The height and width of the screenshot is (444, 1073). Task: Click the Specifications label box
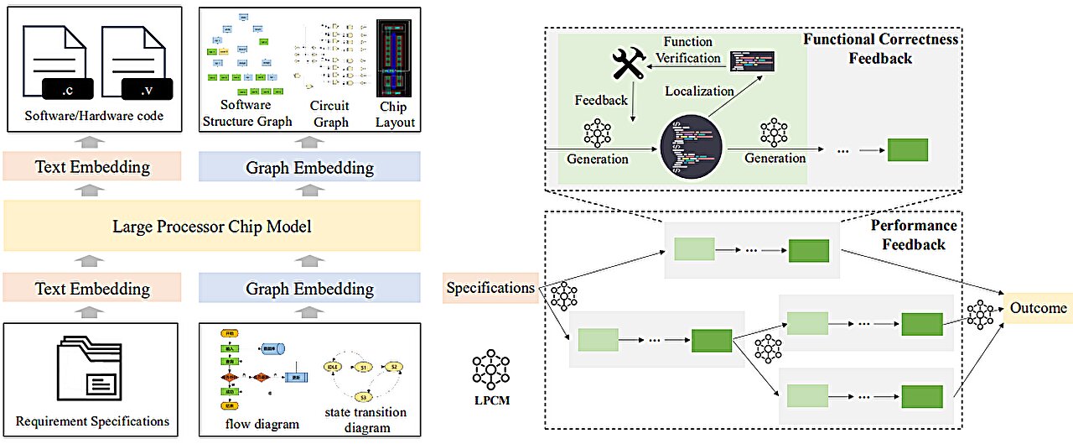click(x=490, y=288)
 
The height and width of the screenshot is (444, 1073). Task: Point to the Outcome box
click(x=1038, y=308)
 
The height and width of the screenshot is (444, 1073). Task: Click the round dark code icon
click(x=692, y=148)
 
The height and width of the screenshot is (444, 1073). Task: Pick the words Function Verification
click(x=687, y=50)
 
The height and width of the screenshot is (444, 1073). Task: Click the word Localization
click(x=699, y=91)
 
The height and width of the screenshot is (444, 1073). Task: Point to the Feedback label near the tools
click(x=600, y=100)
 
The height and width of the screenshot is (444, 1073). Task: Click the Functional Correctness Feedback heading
click(x=879, y=49)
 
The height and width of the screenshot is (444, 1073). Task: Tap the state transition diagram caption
click(x=365, y=419)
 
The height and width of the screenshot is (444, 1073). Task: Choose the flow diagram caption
click(x=262, y=424)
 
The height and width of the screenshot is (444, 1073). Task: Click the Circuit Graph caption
click(x=329, y=113)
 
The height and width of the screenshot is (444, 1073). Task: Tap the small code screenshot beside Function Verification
click(x=752, y=60)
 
